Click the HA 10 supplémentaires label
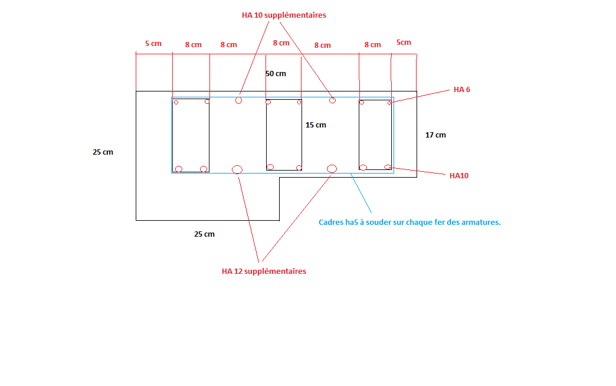pos(284,15)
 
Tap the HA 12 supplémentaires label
pos(264,271)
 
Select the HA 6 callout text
pos(461,90)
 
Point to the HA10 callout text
pos(458,176)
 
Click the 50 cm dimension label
pos(276,74)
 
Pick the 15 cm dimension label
pos(316,125)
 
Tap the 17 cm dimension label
pos(435,135)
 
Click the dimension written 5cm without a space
pos(404,42)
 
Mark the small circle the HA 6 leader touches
pos(389,103)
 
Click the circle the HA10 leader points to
pos(388,167)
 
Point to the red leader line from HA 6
pos(420,97)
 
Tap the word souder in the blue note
pos(378,223)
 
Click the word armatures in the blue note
pos(480,223)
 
